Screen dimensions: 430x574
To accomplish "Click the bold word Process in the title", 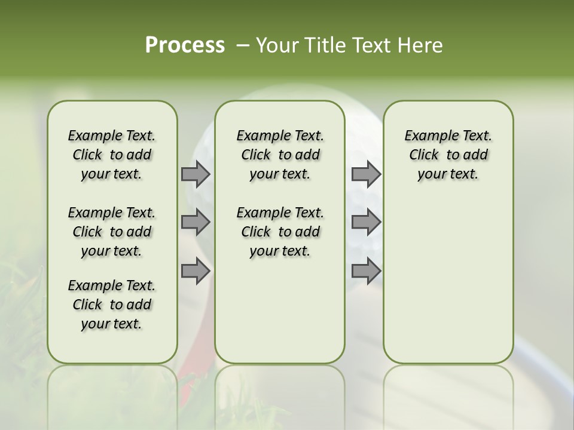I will tap(185, 45).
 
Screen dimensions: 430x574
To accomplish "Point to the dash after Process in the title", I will tap(243, 45).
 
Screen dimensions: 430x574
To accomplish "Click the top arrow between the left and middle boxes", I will tap(196, 174).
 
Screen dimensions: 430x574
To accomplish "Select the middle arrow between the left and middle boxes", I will tap(196, 222).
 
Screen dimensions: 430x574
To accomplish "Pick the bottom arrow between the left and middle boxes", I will tap(196, 271).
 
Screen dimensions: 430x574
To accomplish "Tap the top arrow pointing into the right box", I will tap(366, 174).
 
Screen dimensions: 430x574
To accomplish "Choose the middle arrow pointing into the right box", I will tap(366, 222).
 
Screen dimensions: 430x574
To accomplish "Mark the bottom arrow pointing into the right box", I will tap(366, 271).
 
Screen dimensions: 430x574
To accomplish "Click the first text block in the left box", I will tap(112, 155).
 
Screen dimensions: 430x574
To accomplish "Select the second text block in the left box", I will tap(112, 232).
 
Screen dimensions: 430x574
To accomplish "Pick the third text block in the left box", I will tap(112, 305).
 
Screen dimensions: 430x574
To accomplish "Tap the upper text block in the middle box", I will tap(280, 155).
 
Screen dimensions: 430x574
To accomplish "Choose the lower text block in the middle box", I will tap(280, 232).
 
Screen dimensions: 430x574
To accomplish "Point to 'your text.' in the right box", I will tap(448, 174).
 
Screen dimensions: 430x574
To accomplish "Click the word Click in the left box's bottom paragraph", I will tap(87, 305).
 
